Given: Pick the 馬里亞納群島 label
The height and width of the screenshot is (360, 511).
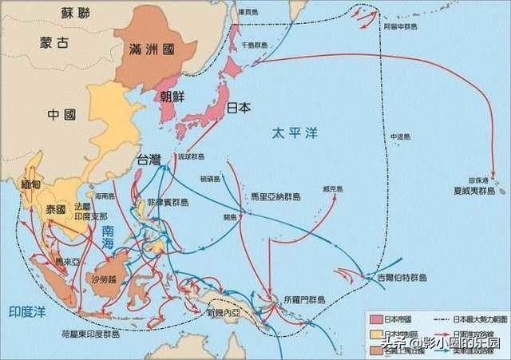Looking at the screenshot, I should tap(275, 195).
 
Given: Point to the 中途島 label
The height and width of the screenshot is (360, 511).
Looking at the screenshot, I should tap(399, 136).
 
